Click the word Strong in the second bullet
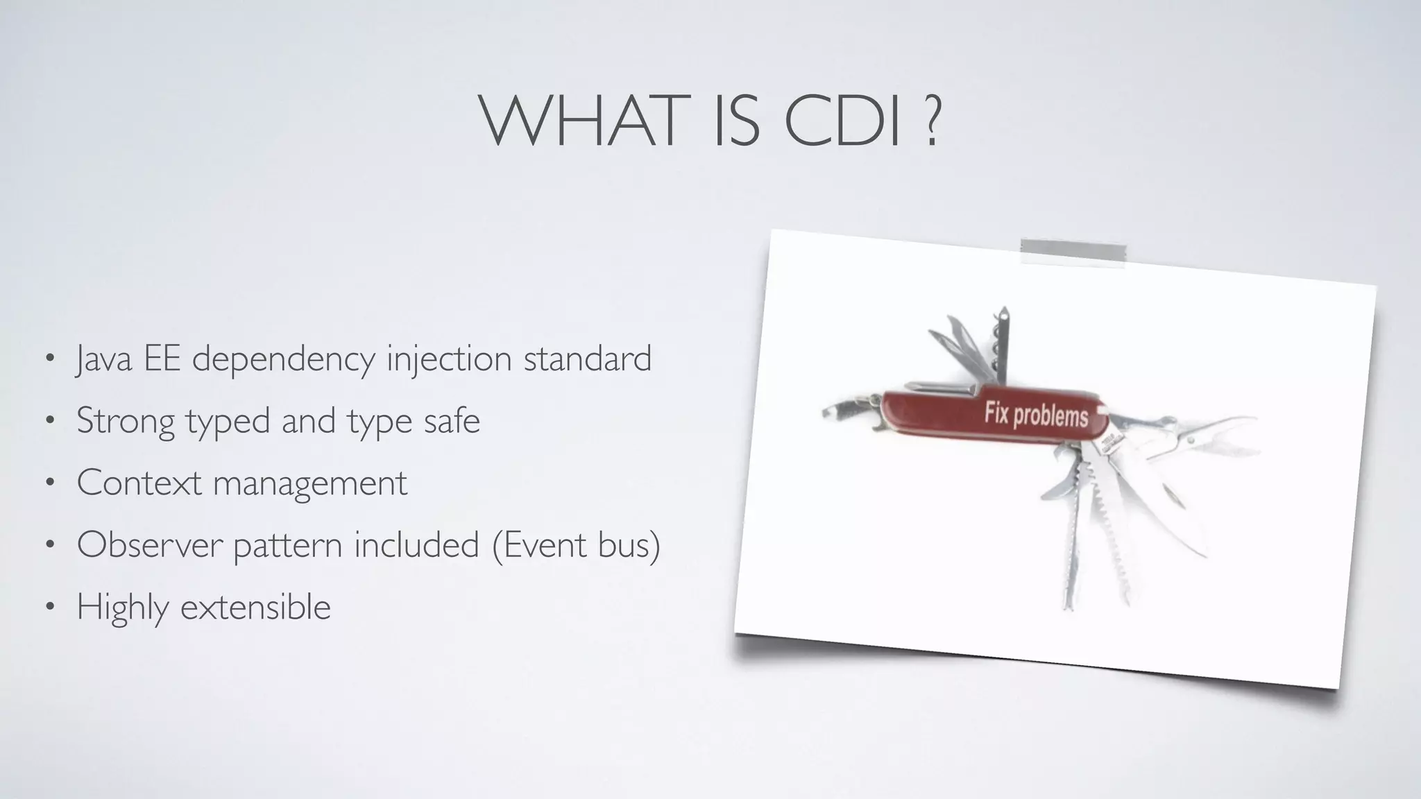pyautogui.click(x=125, y=421)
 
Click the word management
pyautogui.click(x=310, y=483)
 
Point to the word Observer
pyautogui.click(x=150, y=544)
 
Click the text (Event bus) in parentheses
pyautogui.click(x=576, y=544)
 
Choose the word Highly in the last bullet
pyautogui.click(x=122, y=608)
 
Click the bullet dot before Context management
pyautogui.click(x=49, y=483)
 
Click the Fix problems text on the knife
pyautogui.click(x=1036, y=414)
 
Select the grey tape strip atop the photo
pyautogui.click(x=1072, y=250)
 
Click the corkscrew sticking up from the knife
pyautogui.click(x=1001, y=343)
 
